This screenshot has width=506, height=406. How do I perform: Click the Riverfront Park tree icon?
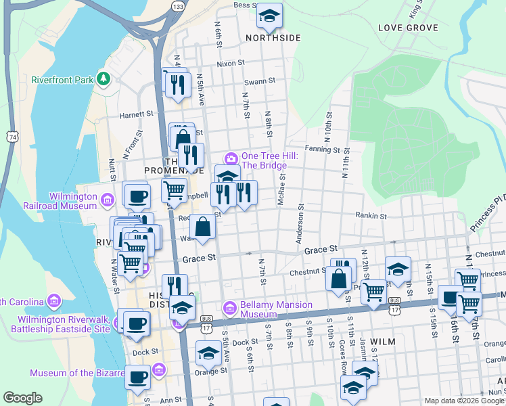point(103,79)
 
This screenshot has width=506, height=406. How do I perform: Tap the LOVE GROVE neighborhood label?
point(408,28)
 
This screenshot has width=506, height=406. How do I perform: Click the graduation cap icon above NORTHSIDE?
point(270,16)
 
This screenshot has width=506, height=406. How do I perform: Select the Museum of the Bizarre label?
point(77,373)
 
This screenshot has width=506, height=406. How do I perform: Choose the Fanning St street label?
point(321,149)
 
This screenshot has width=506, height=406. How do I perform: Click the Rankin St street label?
point(371,217)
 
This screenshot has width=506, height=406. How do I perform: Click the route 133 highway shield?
point(178,7)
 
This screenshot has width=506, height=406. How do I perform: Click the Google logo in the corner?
point(22,398)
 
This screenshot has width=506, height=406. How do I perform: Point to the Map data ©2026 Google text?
point(463,401)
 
